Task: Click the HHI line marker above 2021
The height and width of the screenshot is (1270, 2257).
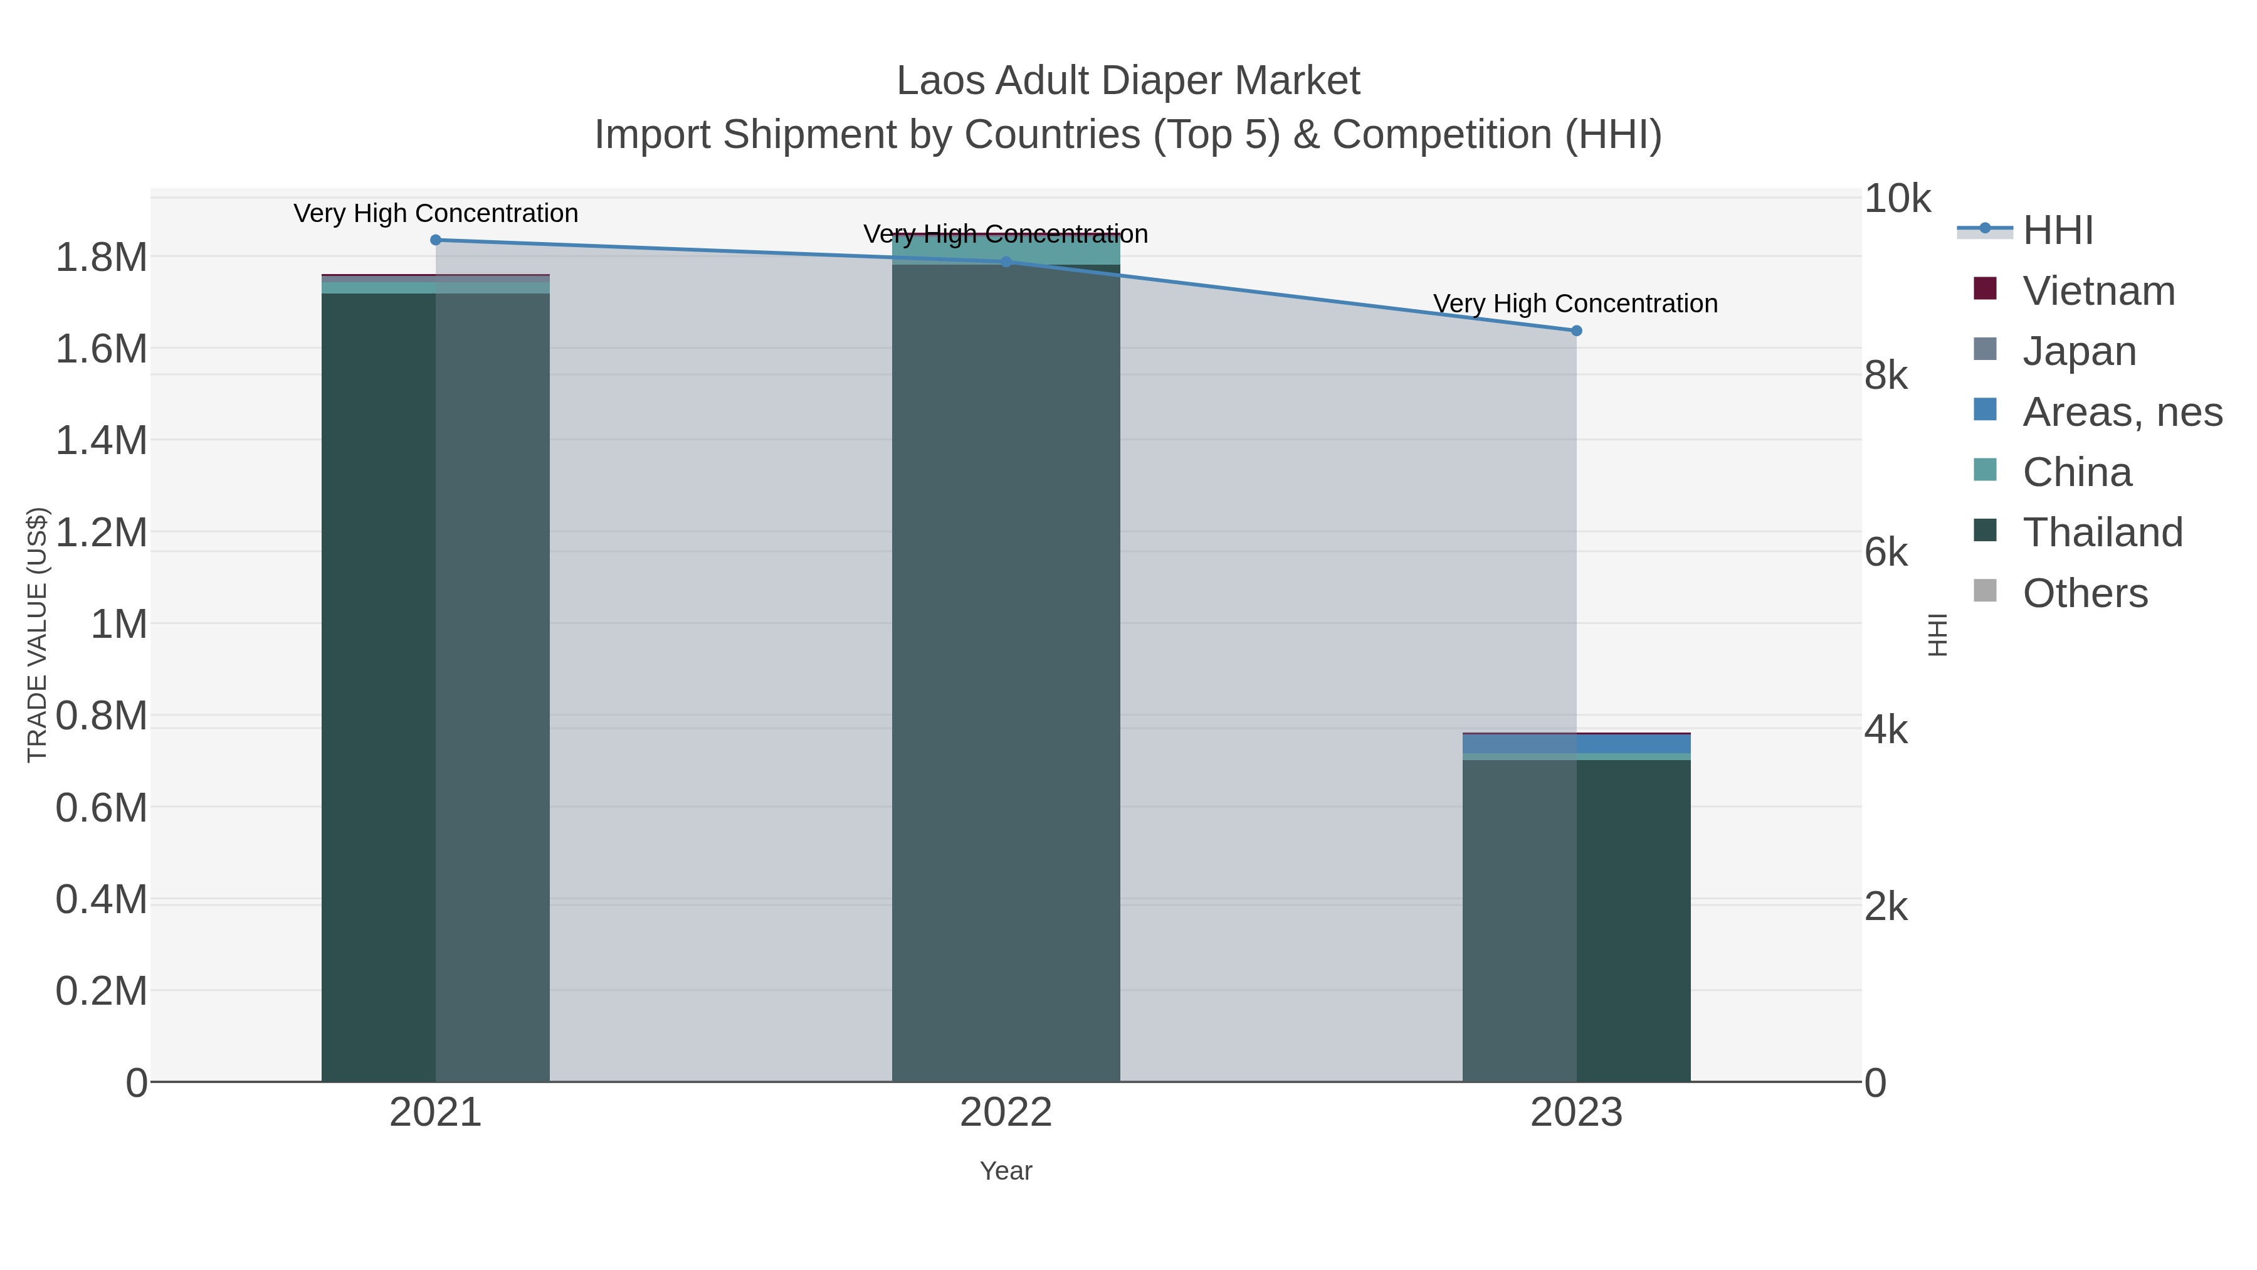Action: click(436, 240)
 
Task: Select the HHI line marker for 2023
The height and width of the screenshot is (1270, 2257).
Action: click(1576, 331)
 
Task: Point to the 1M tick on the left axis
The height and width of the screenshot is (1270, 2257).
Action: click(118, 625)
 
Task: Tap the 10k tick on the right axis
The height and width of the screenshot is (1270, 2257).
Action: click(1897, 199)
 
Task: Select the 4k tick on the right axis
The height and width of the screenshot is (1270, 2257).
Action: click(1885, 730)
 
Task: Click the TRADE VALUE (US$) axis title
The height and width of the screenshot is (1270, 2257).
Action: click(37, 635)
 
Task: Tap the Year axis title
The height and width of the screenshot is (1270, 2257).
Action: click(1006, 1171)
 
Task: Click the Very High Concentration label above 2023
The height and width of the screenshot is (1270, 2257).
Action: click(1576, 304)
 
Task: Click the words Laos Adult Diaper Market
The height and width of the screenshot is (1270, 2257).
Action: click(1128, 81)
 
